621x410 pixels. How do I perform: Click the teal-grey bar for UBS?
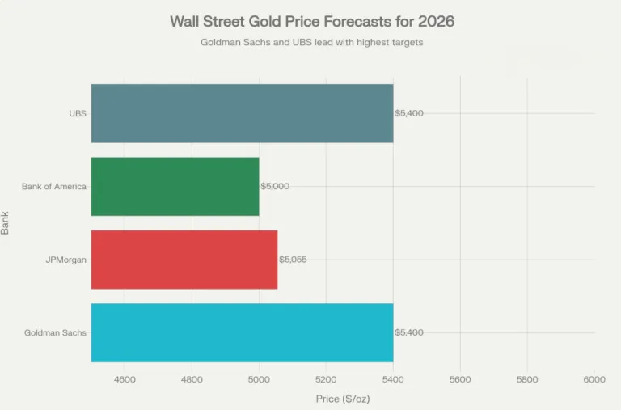pos(242,113)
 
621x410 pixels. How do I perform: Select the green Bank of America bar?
pos(175,186)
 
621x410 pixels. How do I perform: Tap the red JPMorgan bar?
pos(184,260)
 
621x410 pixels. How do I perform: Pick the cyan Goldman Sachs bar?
pos(242,332)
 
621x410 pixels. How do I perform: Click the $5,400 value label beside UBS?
pos(409,113)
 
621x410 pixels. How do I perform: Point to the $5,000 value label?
pos(275,186)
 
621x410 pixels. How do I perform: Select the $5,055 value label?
pos(293,260)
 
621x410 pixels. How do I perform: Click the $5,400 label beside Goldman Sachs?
pos(409,332)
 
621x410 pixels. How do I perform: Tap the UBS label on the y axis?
pos(78,113)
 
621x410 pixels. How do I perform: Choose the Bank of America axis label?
pos(54,187)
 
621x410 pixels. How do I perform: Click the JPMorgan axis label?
pos(66,260)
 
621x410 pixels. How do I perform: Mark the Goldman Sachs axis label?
pos(55,332)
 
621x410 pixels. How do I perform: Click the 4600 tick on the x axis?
pos(125,378)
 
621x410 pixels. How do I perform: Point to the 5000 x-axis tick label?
pos(259,378)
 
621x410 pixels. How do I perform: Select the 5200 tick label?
pos(326,378)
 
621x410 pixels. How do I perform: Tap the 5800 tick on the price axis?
pos(527,378)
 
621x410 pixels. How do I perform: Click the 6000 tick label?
pos(594,378)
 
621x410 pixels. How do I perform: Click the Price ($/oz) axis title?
pos(343,399)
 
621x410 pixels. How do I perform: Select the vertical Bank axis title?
pos(6,222)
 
